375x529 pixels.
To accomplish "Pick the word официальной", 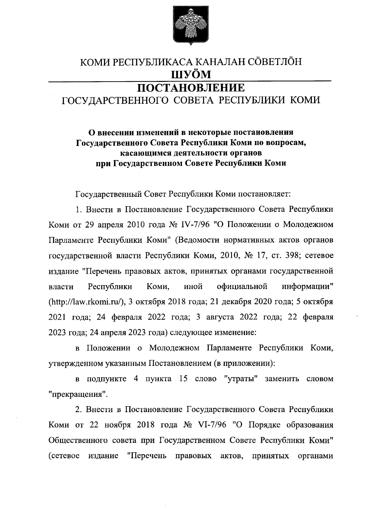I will (x=242, y=286).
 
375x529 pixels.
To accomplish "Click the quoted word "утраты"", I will (x=241, y=379).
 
